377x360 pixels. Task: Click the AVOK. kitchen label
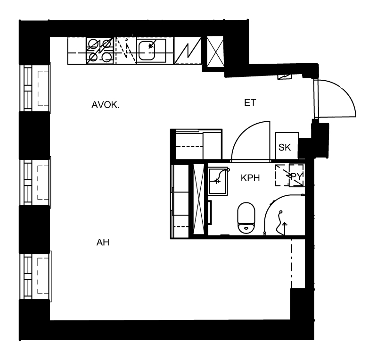pyautogui.click(x=105, y=105)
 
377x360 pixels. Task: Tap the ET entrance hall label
pyautogui.click(x=250, y=103)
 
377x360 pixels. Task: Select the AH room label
pyautogui.click(x=103, y=242)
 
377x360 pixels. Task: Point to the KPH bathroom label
pyautogui.click(x=250, y=178)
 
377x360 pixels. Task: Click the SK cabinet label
pyautogui.click(x=285, y=147)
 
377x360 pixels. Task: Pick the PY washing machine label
pyautogui.click(x=296, y=176)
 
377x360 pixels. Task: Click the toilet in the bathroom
pyautogui.click(x=246, y=218)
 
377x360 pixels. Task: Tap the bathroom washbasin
pyautogui.click(x=218, y=181)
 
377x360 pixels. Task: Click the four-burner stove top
pyautogui.click(x=100, y=51)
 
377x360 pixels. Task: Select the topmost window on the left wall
pyautogui.click(x=35, y=88)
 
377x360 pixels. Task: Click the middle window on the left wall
pyautogui.click(x=35, y=182)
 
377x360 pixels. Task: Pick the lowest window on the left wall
pyautogui.click(x=35, y=276)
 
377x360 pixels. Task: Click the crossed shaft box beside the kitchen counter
pyautogui.click(x=215, y=51)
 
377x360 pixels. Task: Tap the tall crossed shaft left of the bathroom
pyautogui.click(x=198, y=199)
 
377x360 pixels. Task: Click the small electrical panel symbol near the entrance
pyautogui.click(x=285, y=76)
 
